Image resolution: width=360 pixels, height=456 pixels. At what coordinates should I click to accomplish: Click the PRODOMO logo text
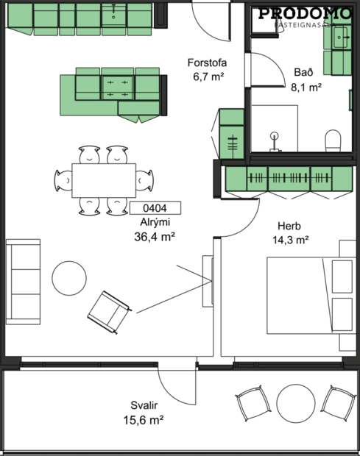(x=305, y=13)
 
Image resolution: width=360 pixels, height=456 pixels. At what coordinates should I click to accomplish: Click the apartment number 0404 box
(x=155, y=208)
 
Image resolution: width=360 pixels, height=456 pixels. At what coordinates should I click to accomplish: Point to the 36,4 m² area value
(x=155, y=236)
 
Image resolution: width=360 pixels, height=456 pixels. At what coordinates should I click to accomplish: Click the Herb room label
(x=289, y=226)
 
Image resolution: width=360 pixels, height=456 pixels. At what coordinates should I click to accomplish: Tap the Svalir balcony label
(x=143, y=405)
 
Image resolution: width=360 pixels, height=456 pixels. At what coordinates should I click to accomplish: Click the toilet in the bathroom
(x=333, y=140)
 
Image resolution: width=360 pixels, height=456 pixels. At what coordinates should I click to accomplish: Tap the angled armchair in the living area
(x=108, y=310)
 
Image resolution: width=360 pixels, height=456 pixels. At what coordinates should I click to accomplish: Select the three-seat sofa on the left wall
(x=23, y=281)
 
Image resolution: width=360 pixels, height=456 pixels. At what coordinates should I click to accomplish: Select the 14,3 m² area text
(x=292, y=240)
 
